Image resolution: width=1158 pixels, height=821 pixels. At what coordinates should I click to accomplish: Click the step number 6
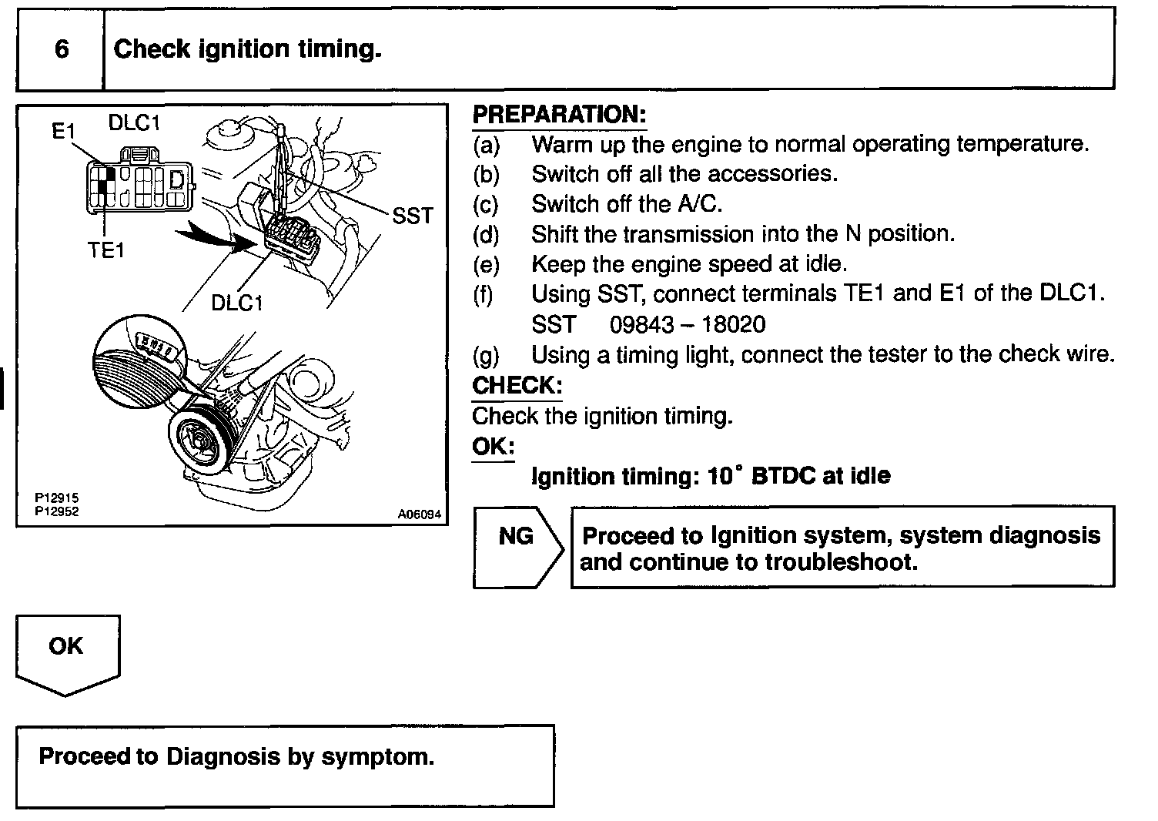click(62, 49)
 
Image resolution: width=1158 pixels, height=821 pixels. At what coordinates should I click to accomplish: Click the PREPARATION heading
click(559, 115)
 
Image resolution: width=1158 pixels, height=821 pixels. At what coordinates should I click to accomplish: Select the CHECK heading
click(517, 385)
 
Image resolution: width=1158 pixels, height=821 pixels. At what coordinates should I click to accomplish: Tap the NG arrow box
click(517, 537)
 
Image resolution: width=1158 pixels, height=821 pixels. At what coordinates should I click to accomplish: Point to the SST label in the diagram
click(413, 216)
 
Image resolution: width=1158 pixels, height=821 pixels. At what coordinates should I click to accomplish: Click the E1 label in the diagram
click(64, 132)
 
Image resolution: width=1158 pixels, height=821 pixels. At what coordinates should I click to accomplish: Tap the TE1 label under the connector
click(105, 250)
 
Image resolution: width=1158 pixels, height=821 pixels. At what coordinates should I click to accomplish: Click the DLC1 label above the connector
click(134, 122)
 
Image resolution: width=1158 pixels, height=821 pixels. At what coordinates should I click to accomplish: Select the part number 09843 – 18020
click(688, 324)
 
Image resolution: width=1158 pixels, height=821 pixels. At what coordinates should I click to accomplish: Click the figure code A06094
click(420, 514)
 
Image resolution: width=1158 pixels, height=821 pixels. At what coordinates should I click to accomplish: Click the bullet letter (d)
click(486, 234)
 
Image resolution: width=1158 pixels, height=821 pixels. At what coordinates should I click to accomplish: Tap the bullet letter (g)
click(486, 355)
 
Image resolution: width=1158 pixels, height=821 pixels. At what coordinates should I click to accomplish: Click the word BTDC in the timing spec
click(783, 476)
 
